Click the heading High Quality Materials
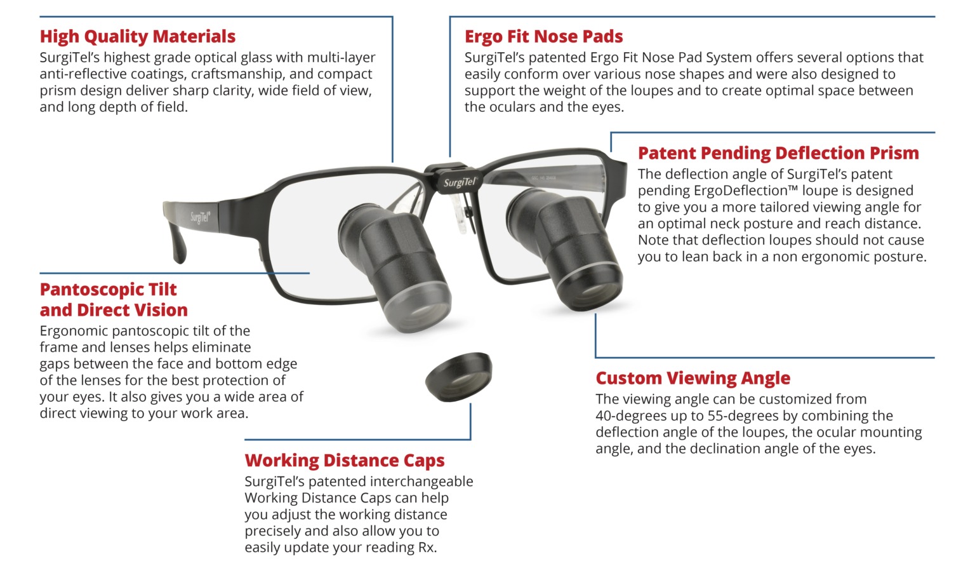pyautogui.click(x=137, y=37)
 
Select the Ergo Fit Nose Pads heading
pyautogui.click(x=543, y=37)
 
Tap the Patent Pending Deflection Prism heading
pyautogui.click(x=778, y=153)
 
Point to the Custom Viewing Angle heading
pyautogui.click(x=693, y=378)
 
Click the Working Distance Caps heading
pyautogui.click(x=345, y=460)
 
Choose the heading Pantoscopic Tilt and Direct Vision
pyautogui.click(x=114, y=299)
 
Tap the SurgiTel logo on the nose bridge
pyautogui.click(x=460, y=182)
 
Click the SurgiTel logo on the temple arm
pyautogui.click(x=200, y=218)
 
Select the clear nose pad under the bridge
pyautogui.click(x=461, y=212)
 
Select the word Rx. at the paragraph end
pyautogui.click(x=427, y=548)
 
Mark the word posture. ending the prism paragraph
pyautogui.click(x=898, y=257)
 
